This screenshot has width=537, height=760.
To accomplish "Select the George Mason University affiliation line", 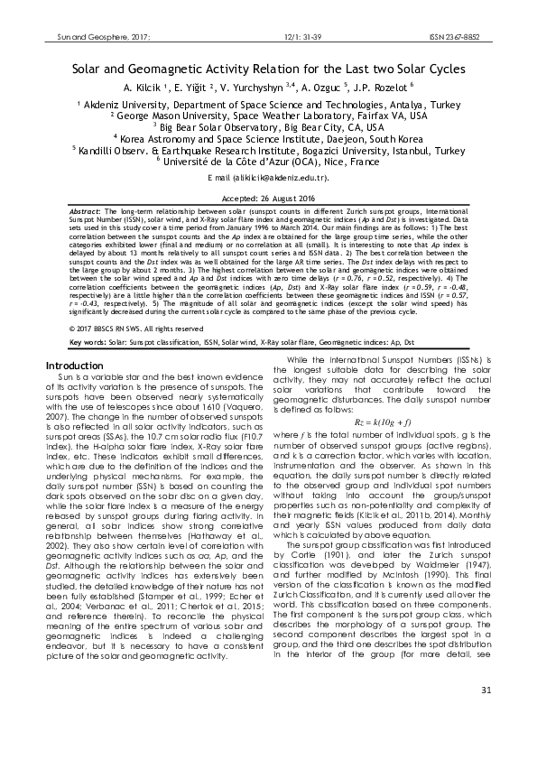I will (x=268, y=116).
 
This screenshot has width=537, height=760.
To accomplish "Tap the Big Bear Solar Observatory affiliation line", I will (x=268, y=127).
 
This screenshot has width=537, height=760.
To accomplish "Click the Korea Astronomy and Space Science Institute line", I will (x=268, y=139).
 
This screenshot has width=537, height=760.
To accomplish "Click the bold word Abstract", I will (x=86, y=209).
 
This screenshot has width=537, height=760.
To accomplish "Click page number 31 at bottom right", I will (x=486, y=717).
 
